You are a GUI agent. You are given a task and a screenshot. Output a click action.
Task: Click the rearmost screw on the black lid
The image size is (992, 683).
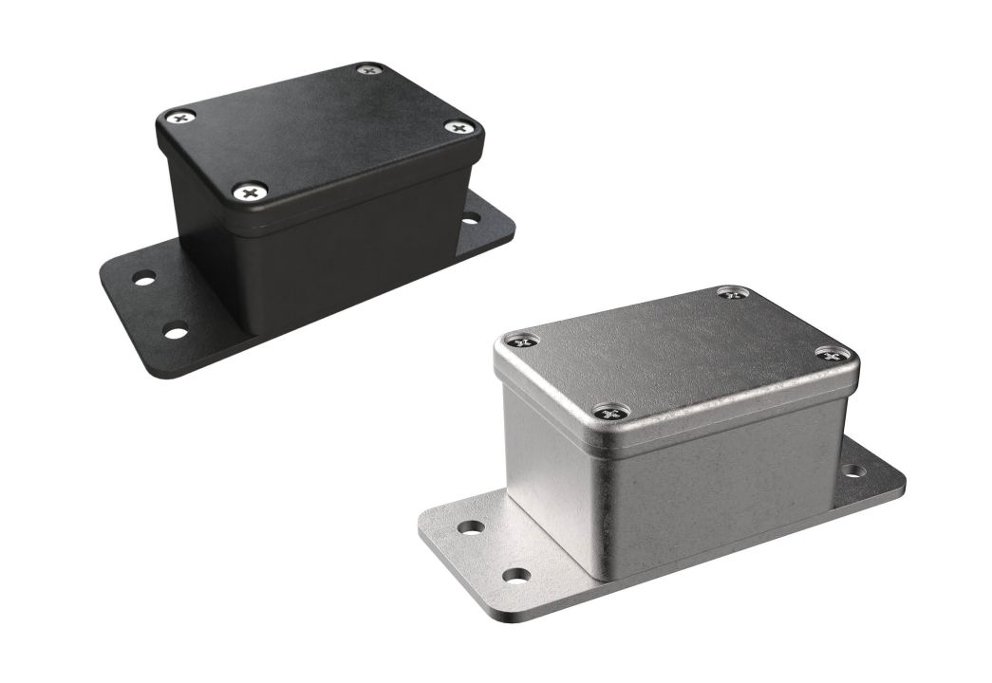pyautogui.click(x=368, y=69)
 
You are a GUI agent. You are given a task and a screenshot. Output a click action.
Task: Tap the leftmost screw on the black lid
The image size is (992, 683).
pyautogui.click(x=180, y=118)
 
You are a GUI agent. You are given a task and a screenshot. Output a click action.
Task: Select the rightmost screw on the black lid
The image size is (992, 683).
pyautogui.click(x=459, y=127)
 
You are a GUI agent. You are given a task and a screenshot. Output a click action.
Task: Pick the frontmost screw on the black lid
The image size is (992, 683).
pyautogui.click(x=250, y=192)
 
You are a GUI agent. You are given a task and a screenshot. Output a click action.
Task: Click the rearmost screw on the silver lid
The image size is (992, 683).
pyautogui.click(x=733, y=293)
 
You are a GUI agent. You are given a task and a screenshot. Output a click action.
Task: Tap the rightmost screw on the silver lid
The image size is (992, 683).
pyautogui.click(x=832, y=355)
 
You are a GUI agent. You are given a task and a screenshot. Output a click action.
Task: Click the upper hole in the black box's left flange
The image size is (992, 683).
pyautogui.click(x=144, y=280)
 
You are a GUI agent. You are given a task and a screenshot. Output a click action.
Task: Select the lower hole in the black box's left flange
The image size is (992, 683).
pyautogui.click(x=176, y=331)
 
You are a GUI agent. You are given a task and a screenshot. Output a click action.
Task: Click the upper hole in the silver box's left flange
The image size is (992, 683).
pyautogui.click(x=471, y=526)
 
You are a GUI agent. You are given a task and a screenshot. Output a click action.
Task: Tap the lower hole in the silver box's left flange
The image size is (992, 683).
pyautogui.click(x=515, y=575)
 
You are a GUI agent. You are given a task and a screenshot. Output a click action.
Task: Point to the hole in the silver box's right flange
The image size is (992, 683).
pyautogui.click(x=853, y=471)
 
